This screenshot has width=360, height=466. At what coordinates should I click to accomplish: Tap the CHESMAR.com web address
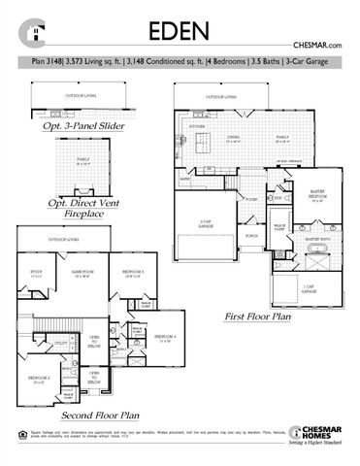[319, 46]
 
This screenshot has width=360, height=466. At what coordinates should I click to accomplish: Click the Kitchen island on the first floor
[205, 145]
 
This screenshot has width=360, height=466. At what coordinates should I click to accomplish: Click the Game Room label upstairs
[82, 273]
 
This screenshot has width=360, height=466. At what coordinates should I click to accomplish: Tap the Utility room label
[60, 343]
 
